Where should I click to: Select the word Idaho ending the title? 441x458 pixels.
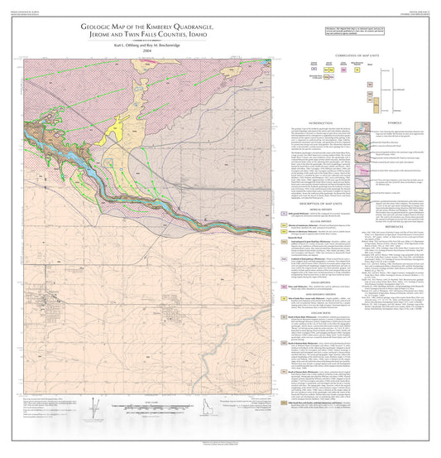(x=196, y=36)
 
